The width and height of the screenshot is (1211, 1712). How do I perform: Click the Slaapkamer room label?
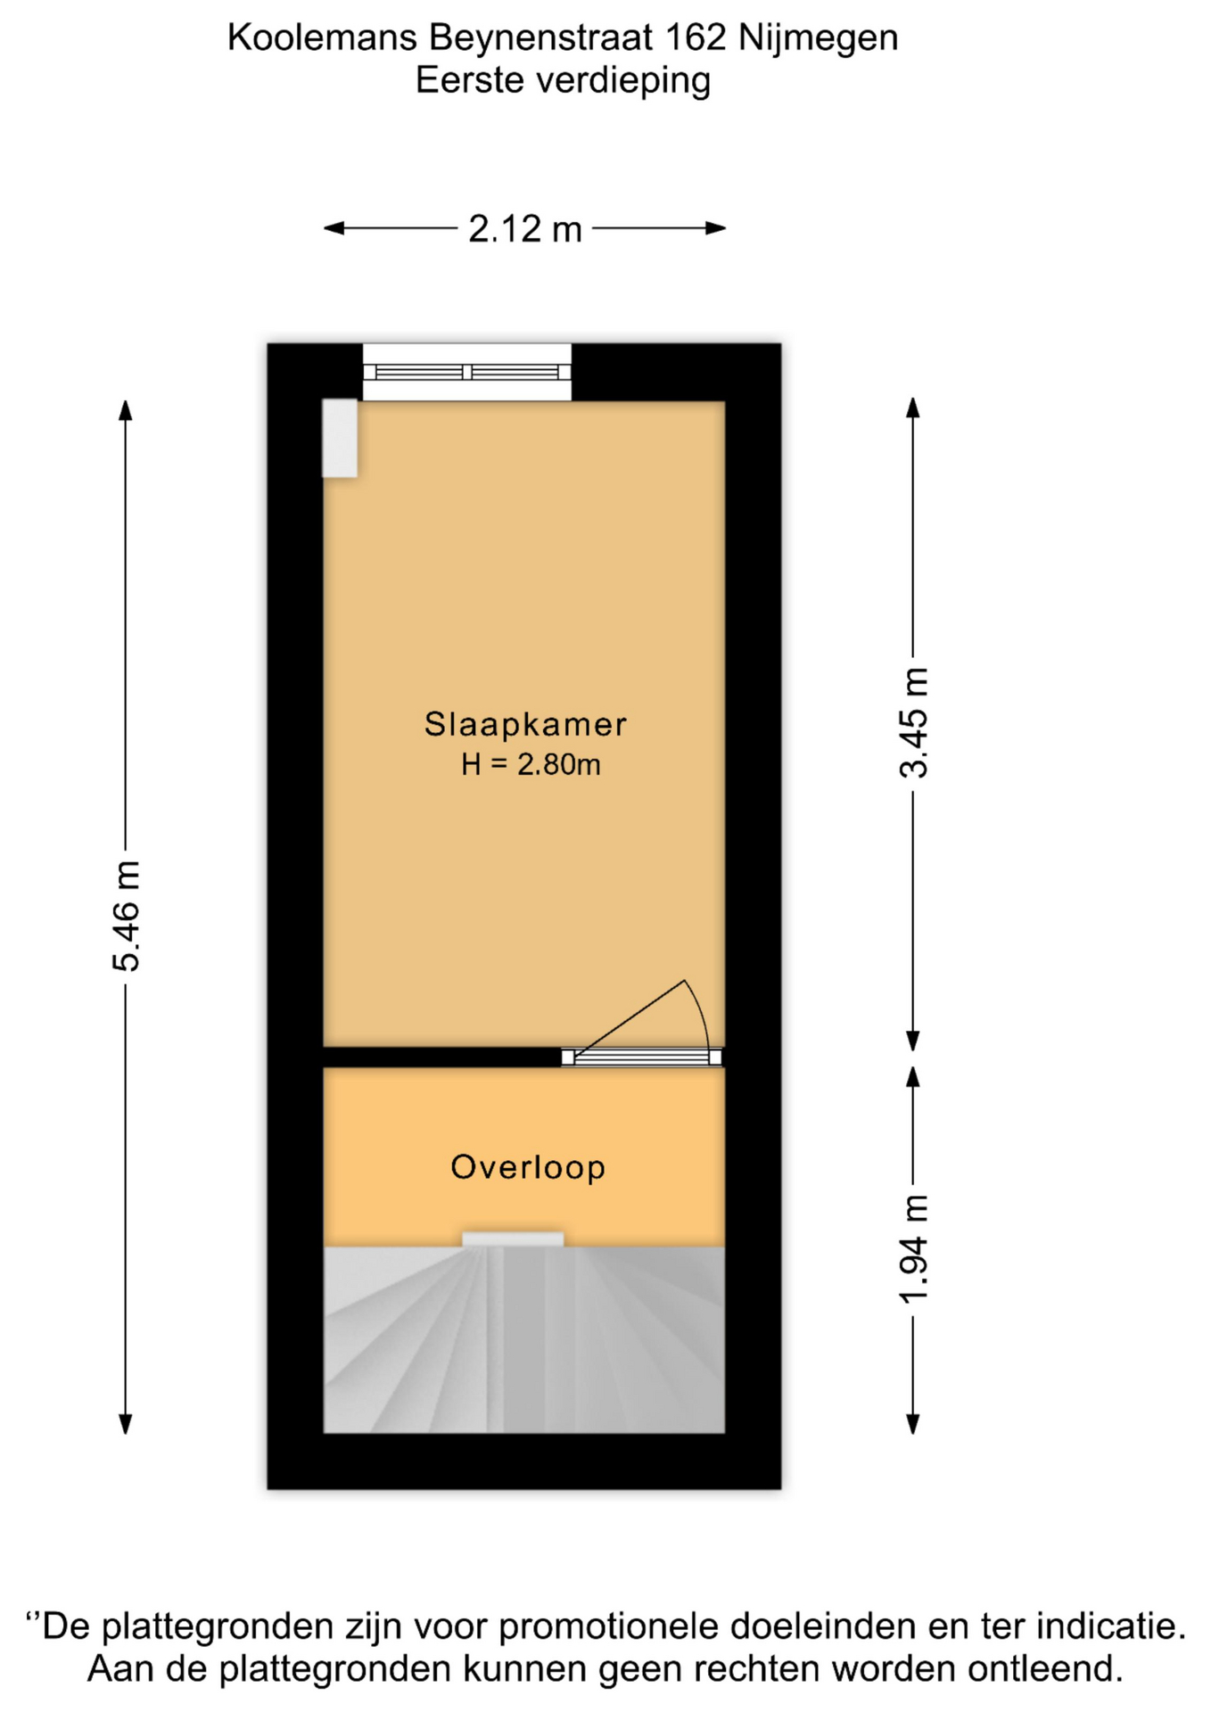pos(525,724)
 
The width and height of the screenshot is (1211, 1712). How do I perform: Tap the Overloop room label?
pos(528,1167)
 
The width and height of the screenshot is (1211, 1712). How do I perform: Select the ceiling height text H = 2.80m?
pos(531,764)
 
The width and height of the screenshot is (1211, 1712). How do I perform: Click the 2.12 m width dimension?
pos(525,229)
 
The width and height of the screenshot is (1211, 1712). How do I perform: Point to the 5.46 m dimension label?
pos(126,916)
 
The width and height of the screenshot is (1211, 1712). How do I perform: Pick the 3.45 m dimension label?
pos(913,722)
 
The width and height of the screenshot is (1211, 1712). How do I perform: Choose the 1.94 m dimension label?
pos(913,1249)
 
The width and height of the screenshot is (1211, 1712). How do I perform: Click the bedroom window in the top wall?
pos(466,372)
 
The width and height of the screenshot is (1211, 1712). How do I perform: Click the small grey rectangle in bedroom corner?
pos(340,438)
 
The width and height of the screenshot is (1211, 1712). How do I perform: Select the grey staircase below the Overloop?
pos(523,1339)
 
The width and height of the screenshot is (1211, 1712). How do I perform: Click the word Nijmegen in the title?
pos(819,38)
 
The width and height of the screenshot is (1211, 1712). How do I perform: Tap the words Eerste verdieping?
pos(563,80)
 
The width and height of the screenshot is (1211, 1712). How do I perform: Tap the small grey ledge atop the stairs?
pos(513,1239)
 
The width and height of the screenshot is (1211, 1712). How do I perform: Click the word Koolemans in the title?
pos(322,37)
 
